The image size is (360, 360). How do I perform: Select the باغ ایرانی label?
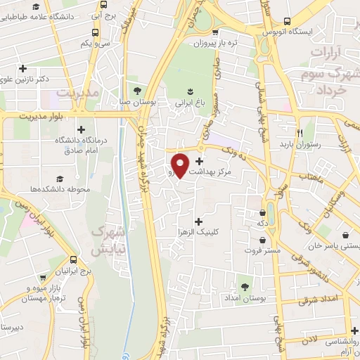click(x=190, y=103)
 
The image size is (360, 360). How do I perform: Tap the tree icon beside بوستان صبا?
click(x=137, y=91)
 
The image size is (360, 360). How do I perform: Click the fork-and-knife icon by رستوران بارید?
click(x=300, y=132)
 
